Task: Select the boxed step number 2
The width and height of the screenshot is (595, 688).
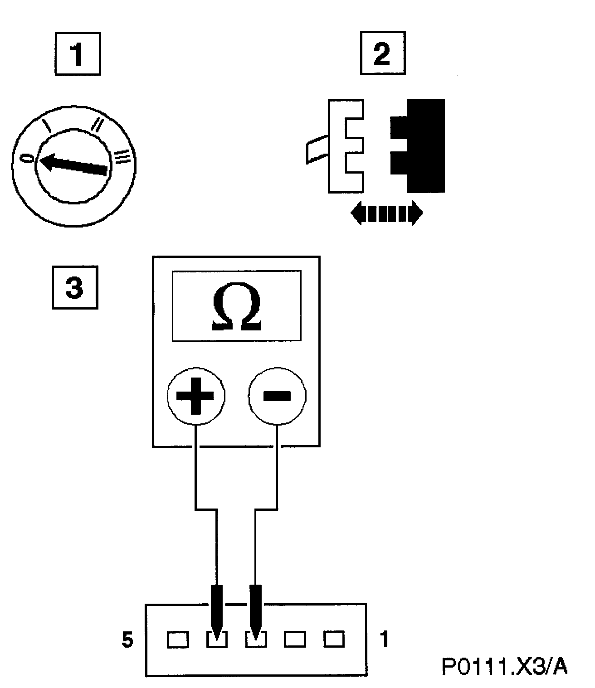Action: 382,53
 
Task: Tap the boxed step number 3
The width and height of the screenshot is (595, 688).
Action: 75,288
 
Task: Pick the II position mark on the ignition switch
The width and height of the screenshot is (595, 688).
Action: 97,124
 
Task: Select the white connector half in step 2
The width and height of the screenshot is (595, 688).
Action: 346,145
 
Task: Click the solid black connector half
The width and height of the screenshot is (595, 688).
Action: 419,145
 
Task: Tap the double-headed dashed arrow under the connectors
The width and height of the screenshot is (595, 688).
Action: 387,213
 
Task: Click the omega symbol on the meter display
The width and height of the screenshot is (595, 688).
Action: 236,306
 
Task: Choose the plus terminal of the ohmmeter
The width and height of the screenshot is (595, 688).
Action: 196,396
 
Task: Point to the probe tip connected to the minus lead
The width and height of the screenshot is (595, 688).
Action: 256,610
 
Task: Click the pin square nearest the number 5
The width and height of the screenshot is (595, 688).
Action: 177,640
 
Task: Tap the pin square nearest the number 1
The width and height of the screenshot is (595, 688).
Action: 334,640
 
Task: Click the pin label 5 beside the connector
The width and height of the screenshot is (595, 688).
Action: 128,640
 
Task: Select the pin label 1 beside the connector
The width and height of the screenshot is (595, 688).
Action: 384,639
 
